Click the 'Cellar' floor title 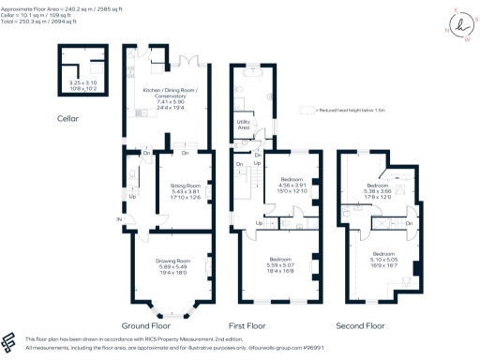click(x=67, y=119)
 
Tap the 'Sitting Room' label click(x=178, y=187)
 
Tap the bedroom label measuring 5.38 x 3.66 click(x=383, y=190)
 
